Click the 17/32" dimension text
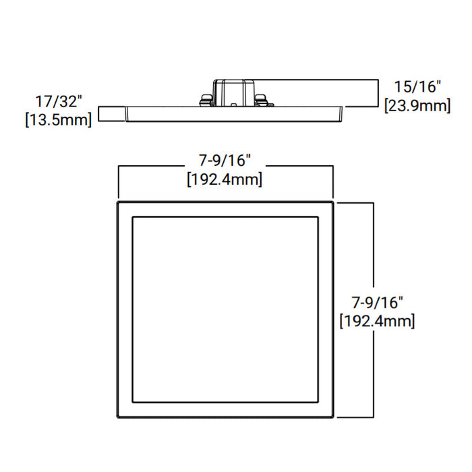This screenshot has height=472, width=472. [59, 102]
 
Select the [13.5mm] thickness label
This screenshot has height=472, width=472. [59, 121]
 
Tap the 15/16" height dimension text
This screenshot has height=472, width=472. [417, 86]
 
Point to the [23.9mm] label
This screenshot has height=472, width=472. [417, 106]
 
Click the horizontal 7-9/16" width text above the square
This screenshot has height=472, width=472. [225, 160]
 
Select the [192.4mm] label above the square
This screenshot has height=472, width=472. [225, 180]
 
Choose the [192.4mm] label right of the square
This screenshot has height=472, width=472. [377, 320]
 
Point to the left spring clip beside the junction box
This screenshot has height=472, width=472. [205, 101]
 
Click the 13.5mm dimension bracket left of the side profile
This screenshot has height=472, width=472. [100, 114]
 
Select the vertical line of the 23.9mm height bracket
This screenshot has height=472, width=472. [378, 93]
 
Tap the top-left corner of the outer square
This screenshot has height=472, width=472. [118, 202]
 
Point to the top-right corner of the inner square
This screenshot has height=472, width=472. [318, 217]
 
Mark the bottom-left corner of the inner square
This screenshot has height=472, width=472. [133, 402]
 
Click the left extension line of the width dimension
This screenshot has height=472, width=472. [119, 182]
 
